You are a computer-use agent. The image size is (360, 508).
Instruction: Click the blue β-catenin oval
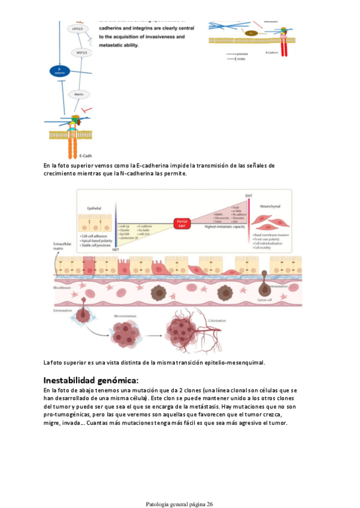59,72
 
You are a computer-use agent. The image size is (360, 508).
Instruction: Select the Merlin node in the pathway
78,95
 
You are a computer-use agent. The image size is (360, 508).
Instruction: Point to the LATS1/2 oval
78,29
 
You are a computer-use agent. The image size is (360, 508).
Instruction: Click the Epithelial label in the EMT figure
94,209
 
